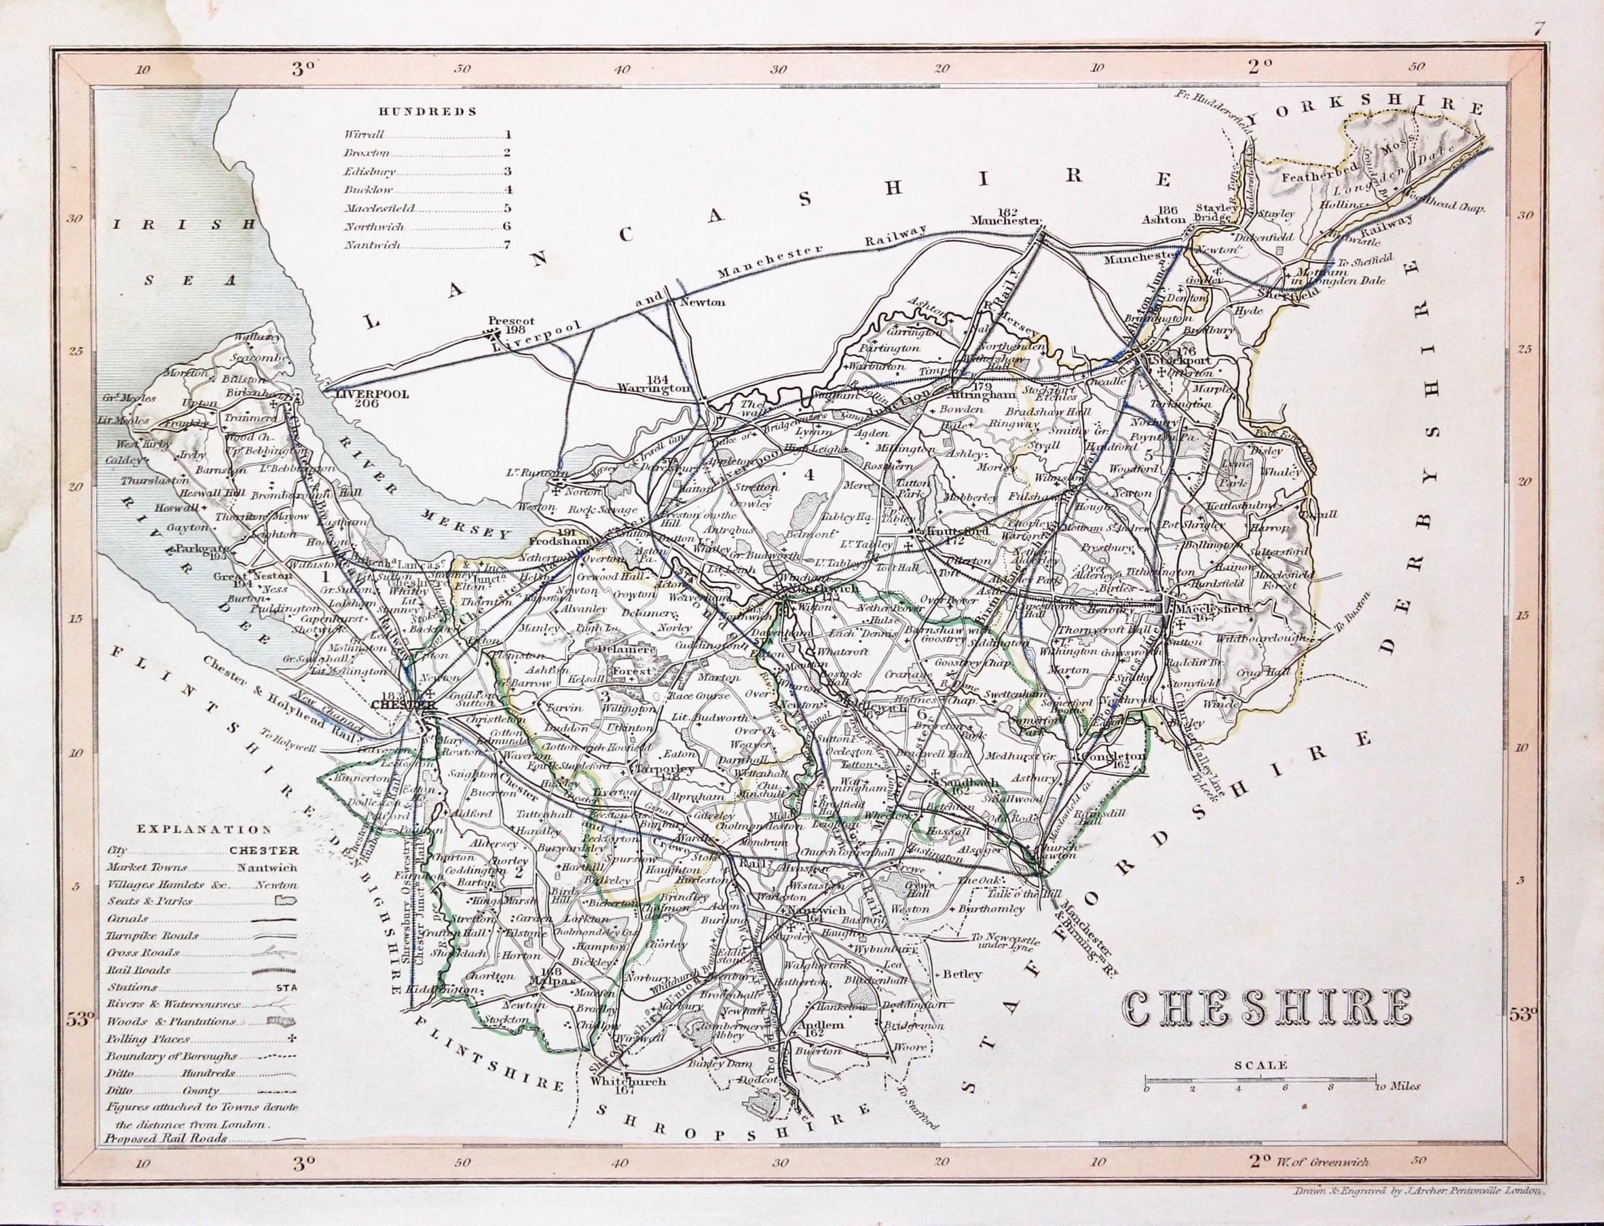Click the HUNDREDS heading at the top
tap(427, 111)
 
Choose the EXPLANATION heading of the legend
tap(204, 830)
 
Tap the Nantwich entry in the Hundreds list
tap(372, 245)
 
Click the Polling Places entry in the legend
tap(148, 1039)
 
